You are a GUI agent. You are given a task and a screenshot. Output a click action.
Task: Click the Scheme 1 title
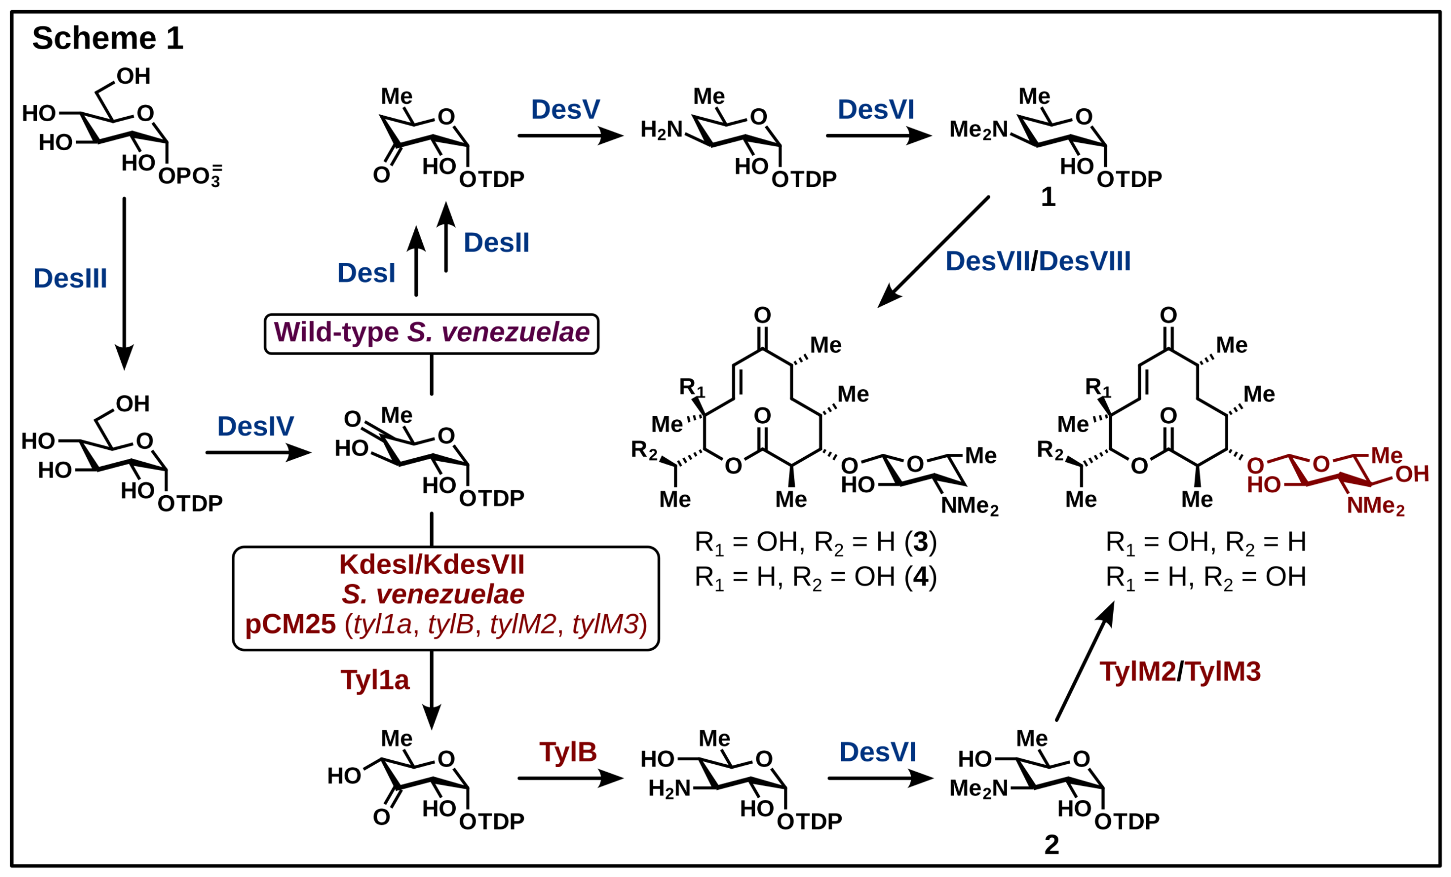click(x=108, y=39)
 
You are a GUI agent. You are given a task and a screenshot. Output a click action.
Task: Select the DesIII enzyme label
click(x=70, y=278)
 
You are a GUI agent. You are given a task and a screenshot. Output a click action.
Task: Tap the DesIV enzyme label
click(x=256, y=426)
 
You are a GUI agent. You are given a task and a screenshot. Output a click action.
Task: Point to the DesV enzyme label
click(x=565, y=109)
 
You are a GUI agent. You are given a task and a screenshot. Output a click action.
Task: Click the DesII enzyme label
click(x=497, y=243)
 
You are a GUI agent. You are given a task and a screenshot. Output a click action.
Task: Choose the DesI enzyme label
click(x=366, y=273)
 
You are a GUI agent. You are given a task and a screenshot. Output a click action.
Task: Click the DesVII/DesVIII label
click(x=1038, y=261)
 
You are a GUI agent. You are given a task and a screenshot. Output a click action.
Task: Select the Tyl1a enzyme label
click(x=375, y=680)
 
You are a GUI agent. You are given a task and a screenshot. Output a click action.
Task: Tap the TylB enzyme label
click(x=568, y=752)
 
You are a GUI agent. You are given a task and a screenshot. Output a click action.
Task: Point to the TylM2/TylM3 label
click(x=1180, y=671)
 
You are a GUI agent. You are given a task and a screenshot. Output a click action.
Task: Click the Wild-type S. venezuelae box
click(x=431, y=333)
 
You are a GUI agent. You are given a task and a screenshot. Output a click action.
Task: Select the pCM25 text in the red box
click(x=290, y=624)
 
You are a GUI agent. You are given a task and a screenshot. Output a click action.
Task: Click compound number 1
click(x=1048, y=197)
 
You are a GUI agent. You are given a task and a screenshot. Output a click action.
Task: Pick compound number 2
click(x=1051, y=845)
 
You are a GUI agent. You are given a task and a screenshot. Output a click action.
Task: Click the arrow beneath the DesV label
click(x=570, y=136)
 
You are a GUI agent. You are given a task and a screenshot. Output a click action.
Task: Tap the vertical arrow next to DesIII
click(x=124, y=283)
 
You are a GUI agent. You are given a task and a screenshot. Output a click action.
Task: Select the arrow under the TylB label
click(x=570, y=778)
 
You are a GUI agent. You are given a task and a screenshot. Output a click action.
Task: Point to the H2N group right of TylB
click(x=669, y=788)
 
